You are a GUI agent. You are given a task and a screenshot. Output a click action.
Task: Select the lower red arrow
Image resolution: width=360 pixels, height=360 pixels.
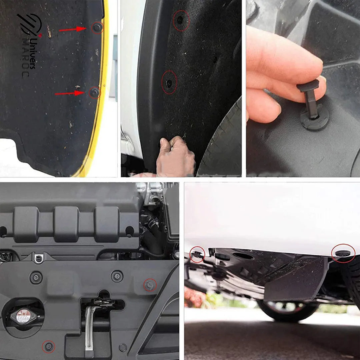click(x=69, y=93)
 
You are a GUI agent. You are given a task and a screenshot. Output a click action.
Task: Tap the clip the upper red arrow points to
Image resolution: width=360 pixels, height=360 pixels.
click(x=97, y=28)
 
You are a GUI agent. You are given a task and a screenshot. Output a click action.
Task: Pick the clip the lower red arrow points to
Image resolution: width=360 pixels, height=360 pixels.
click(x=95, y=92)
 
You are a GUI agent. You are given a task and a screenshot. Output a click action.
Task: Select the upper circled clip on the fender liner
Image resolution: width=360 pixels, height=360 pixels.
click(x=180, y=20)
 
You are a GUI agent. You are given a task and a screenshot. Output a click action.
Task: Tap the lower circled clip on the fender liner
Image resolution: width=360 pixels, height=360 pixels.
click(x=169, y=82)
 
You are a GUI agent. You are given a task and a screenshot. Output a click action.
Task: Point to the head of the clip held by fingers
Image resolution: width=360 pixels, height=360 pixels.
click(x=308, y=86)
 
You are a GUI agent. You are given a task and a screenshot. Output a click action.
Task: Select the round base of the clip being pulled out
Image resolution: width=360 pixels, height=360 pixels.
click(x=314, y=120)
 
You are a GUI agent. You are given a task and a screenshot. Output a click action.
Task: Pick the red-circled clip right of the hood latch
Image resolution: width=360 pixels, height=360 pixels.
click(x=150, y=284)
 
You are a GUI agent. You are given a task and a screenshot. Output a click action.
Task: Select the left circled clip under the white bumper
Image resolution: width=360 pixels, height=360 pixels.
click(x=197, y=254)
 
